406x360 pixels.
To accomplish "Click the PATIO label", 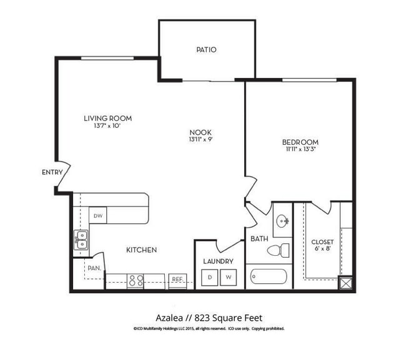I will click(206, 50).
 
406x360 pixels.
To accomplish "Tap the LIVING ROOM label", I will click(108, 118).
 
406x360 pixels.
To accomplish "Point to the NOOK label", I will click(201, 132).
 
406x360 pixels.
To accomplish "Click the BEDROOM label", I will click(300, 142).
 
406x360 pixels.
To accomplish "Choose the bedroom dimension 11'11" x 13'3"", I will click(300, 150).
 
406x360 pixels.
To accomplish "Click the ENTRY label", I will click(51, 172).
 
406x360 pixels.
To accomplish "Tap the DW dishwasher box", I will click(99, 216).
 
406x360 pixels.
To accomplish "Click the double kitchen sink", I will click(81, 240).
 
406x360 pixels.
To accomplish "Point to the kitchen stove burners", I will click(136, 281).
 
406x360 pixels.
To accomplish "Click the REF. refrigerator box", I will click(177, 280).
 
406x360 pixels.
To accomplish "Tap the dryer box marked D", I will click(210, 277).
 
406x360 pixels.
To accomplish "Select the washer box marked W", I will click(229, 277).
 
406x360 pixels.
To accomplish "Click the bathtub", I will click(267, 276).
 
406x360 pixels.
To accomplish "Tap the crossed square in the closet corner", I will click(345, 283).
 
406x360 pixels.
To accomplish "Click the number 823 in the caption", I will click(202, 316).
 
